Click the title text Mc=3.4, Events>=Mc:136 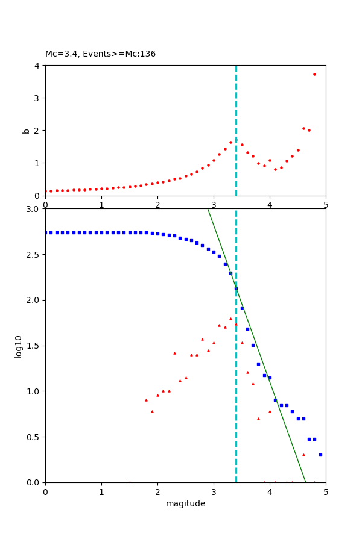pos(100,54)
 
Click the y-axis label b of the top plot pos(26,130)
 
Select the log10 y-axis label pos(18,346)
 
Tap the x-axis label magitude pos(185,503)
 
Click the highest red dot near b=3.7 pos(314,74)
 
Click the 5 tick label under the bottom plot pos(326,491)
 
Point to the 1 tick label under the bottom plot pos(101,491)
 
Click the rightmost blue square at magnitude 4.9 pos(320,455)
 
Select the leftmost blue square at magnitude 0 pos(45,232)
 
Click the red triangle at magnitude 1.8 pos(146,400)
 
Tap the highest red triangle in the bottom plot pos(230,319)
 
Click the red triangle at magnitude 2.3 pos(174,353)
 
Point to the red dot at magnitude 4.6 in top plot pos(303,128)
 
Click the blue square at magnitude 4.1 pos(275,400)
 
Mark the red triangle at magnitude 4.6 pos(303,455)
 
